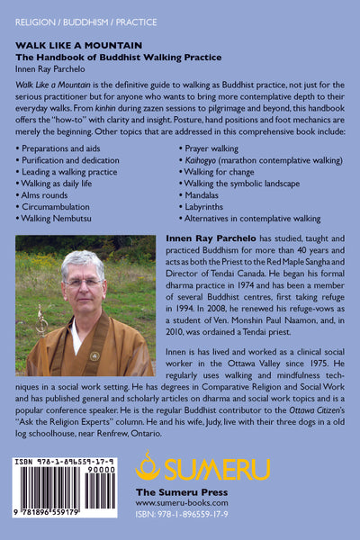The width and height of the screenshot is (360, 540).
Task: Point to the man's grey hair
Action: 85,260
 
